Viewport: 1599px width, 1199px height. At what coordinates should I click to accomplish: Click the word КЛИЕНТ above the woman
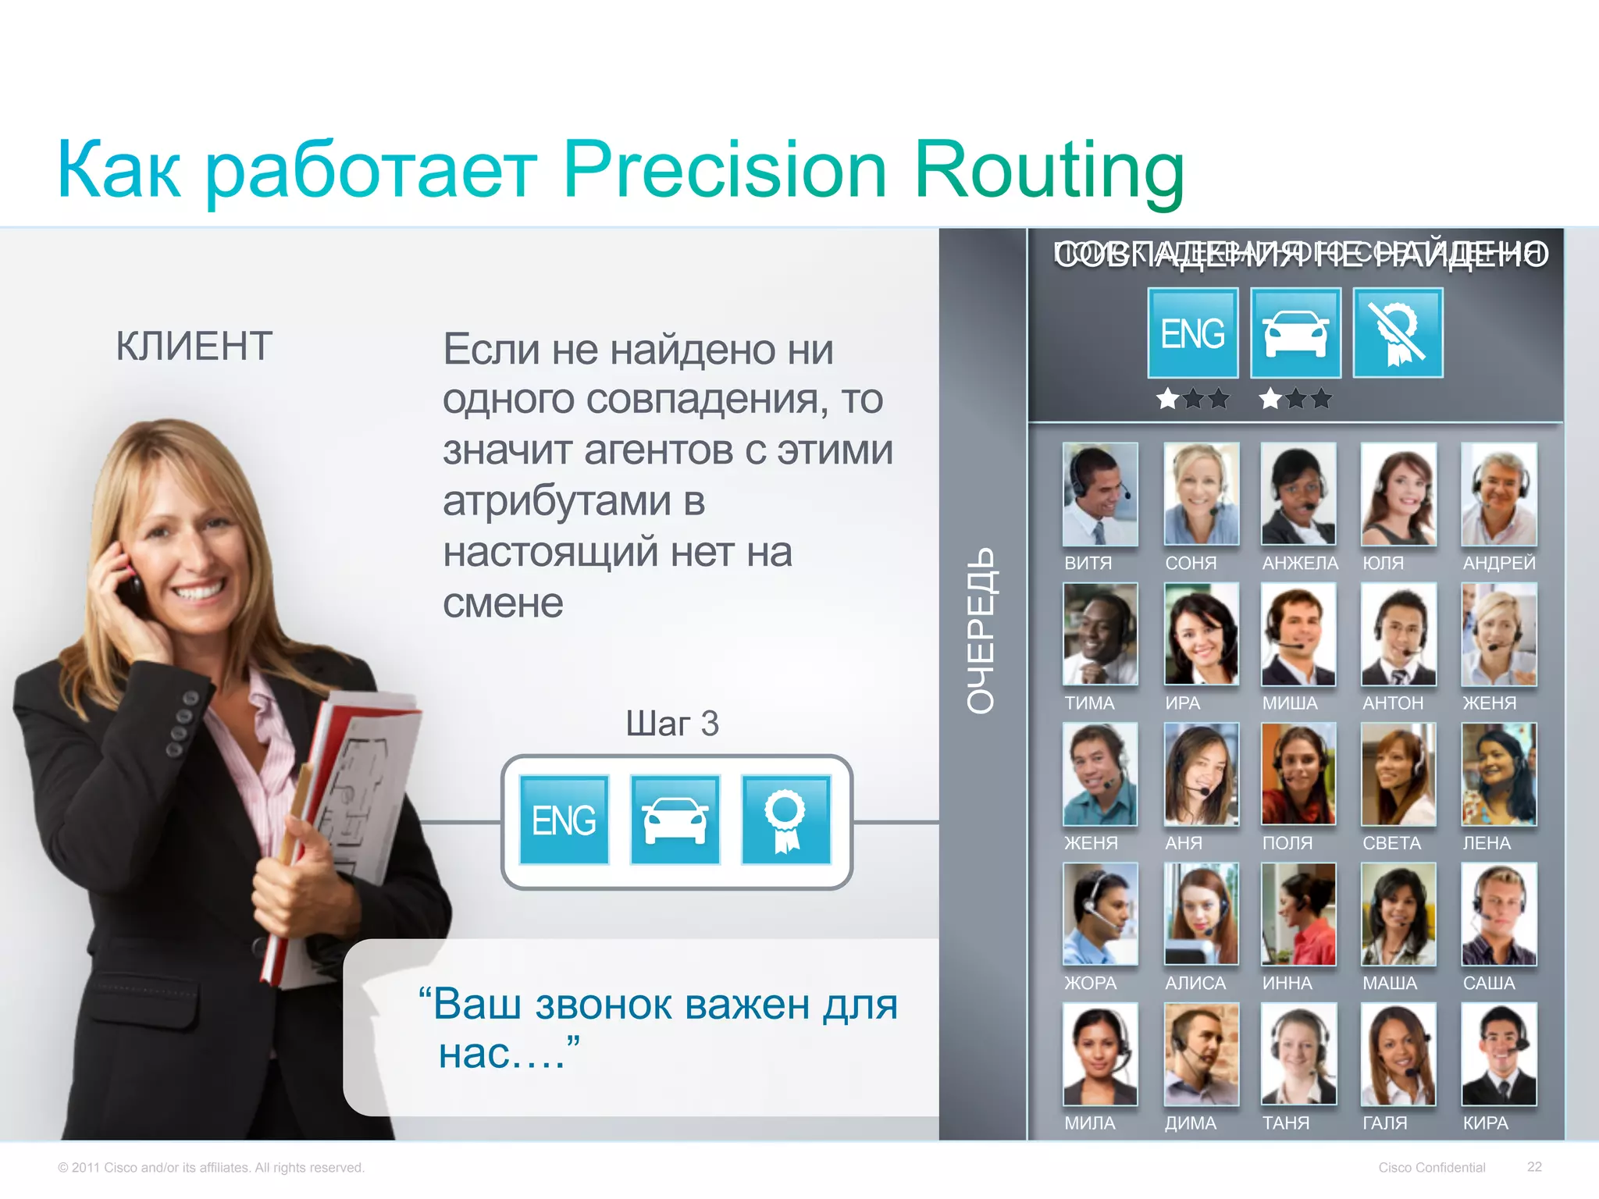tap(194, 347)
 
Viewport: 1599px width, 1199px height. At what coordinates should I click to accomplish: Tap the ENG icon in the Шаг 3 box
tap(564, 820)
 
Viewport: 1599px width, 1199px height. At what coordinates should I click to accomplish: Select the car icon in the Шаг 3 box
tap(675, 820)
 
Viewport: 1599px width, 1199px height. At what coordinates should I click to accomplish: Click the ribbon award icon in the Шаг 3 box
tap(785, 820)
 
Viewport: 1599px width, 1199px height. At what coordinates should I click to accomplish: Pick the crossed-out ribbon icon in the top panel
tap(1398, 333)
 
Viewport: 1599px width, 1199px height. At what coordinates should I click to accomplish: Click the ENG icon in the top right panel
tap(1192, 333)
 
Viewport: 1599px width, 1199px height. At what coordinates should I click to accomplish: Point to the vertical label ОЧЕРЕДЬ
tap(981, 630)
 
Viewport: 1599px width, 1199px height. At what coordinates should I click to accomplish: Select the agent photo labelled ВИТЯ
tap(1100, 494)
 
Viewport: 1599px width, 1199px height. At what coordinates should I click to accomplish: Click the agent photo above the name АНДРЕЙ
tap(1498, 494)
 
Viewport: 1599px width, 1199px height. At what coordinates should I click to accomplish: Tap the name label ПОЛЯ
tap(1287, 843)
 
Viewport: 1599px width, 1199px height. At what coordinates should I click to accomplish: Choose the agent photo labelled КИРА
tap(1498, 1054)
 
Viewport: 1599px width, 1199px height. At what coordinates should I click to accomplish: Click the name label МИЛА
tap(1090, 1123)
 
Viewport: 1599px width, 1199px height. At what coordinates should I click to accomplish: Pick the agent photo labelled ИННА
tap(1298, 914)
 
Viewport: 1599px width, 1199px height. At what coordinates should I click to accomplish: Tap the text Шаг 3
tap(672, 724)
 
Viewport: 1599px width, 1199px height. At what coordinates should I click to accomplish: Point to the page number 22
tap(1534, 1166)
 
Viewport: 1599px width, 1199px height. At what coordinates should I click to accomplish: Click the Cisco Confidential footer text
tap(1431, 1167)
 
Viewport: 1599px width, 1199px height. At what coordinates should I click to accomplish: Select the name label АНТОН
tap(1393, 703)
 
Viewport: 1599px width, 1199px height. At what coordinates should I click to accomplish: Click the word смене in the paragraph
tap(503, 603)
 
